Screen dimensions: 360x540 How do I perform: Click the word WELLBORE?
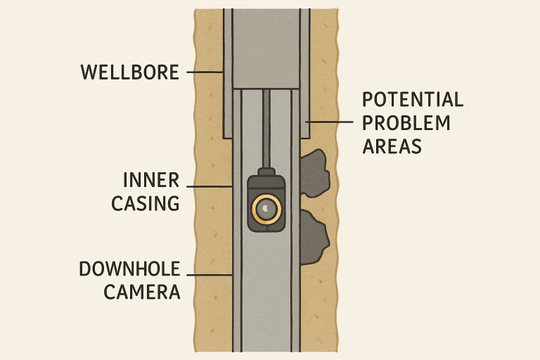point(129,72)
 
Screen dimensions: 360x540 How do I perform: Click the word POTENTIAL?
point(413,98)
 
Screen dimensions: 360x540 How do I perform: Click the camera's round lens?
point(267,208)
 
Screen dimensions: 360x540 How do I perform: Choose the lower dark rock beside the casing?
point(314,236)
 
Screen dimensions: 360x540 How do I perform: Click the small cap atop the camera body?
point(267,172)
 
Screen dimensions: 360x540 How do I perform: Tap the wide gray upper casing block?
point(267,49)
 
